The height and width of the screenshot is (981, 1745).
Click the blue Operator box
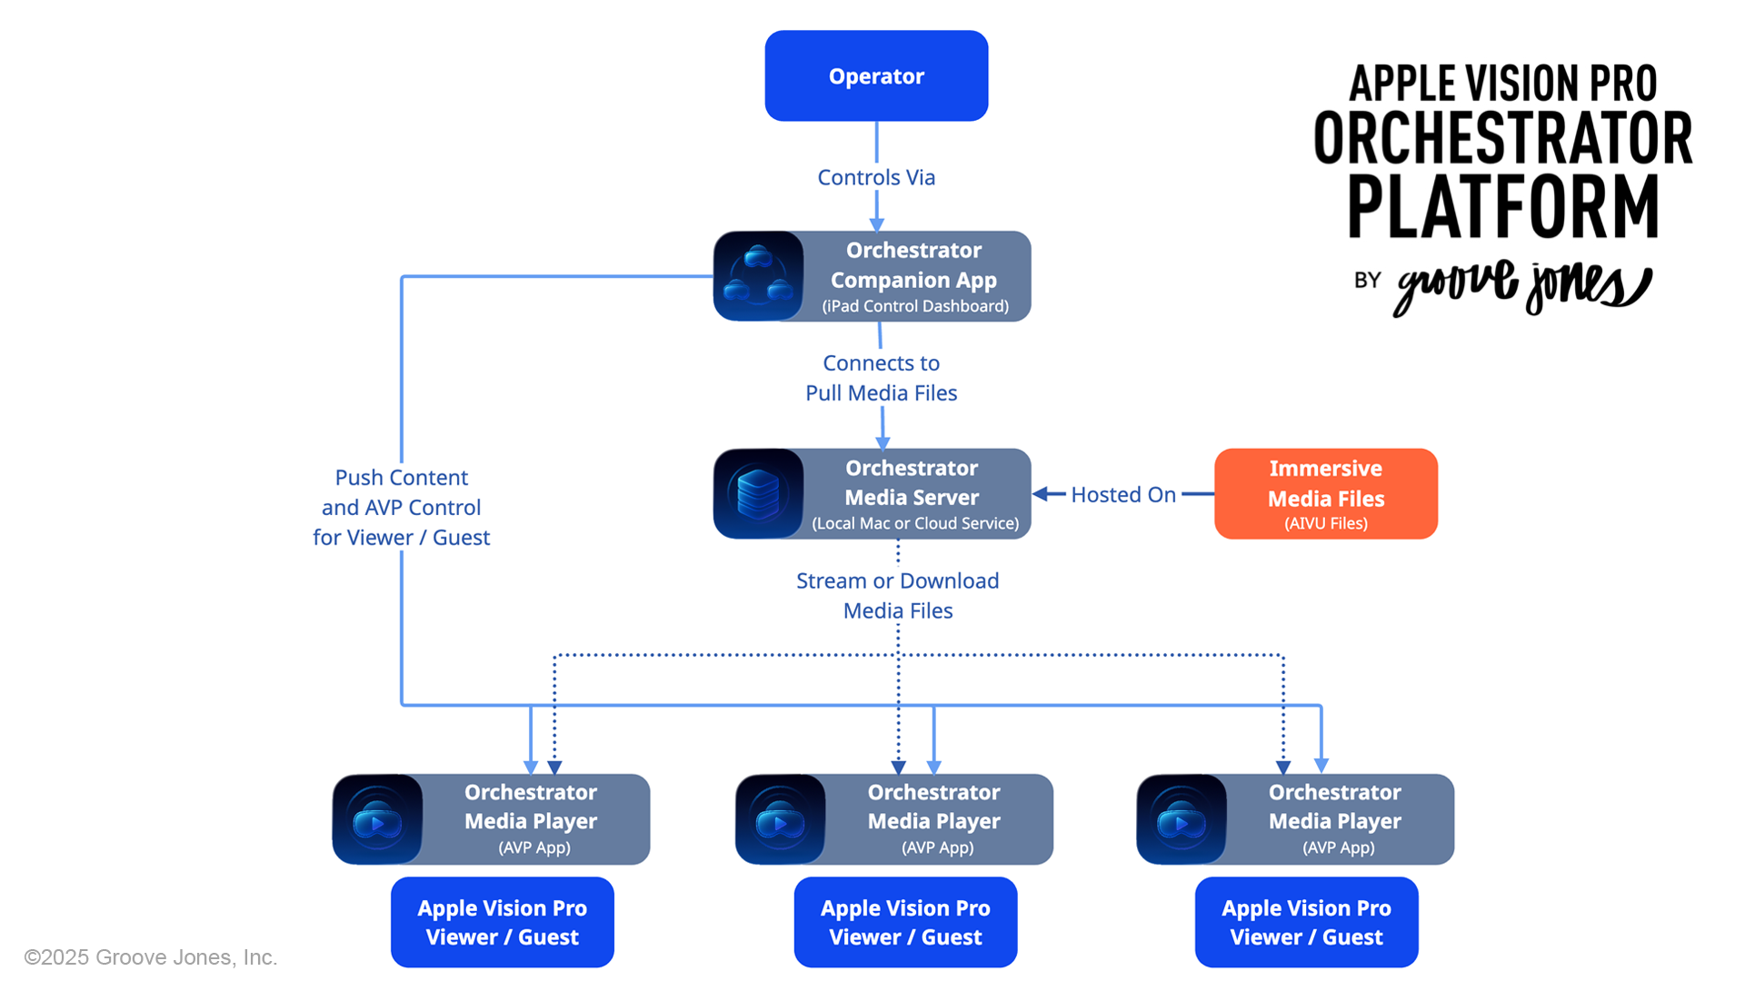tap(876, 76)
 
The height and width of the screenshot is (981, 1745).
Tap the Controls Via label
tap(876, 177)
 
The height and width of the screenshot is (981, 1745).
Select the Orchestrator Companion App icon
tap(759, 276)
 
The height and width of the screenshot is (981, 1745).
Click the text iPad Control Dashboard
tap(915, 306)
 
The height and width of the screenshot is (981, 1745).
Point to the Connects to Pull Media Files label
tap(881, 378)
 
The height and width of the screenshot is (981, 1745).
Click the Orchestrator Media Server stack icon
tap(759, 493)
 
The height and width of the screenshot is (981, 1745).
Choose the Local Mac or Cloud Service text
tap(915, 523)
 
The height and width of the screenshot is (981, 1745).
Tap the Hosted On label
tap(1123, 494)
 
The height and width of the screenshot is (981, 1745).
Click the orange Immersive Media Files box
tap(1325, 493)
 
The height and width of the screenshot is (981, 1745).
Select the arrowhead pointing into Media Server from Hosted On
tap(1042, 494)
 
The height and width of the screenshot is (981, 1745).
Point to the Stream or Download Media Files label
tap(897, 595)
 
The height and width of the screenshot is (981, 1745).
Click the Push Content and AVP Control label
tap(401, 507)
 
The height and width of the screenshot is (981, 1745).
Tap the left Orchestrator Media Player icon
tap(377, 819)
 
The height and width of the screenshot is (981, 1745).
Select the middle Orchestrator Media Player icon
tap(781, 819)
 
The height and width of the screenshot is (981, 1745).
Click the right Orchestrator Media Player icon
tap(1182, 819)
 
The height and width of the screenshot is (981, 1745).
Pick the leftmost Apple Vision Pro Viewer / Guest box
tap(502, 922)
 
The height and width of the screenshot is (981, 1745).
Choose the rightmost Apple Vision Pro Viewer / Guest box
tap(1306, 922)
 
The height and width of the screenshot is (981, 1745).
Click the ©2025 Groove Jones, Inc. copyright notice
tap(151, 957)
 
